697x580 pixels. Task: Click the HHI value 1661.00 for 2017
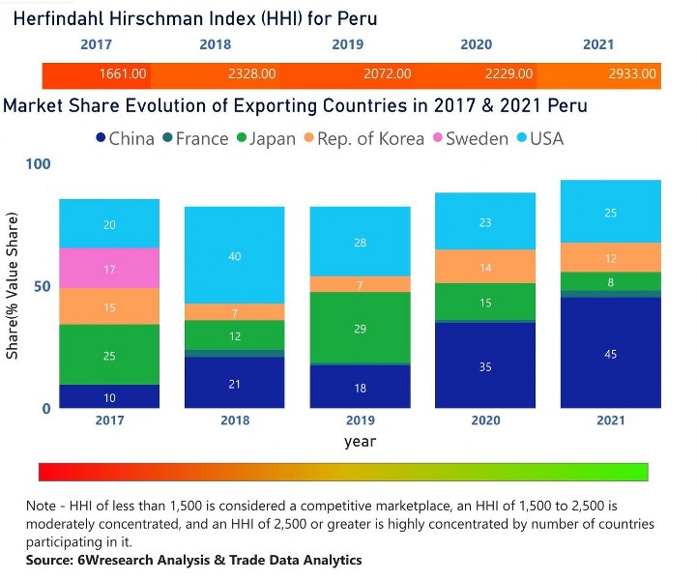[123, 73]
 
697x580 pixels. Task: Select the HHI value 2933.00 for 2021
[632, 73]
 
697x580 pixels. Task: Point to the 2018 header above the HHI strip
[216, 44]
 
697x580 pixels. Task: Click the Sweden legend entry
[469, 138]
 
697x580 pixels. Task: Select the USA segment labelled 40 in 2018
[235, 256]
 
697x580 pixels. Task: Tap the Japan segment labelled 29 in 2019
[361, 329]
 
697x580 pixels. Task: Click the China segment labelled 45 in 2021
[610, 354]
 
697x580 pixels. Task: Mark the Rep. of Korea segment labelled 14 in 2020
[485, 267]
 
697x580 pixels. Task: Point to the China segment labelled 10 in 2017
[109, 397]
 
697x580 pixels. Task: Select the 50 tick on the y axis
[41, 287]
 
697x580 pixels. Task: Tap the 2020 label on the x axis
[485, 420]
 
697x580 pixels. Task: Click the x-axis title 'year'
[360, 442]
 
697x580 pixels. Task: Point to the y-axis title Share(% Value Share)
[13, 287]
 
